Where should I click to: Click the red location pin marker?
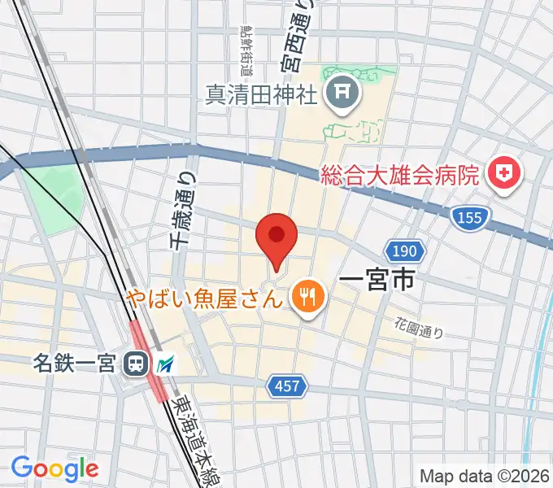click(x=276, y=237)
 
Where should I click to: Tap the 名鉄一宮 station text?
click(x=75, y=363)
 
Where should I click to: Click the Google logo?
click(x=54, y=469)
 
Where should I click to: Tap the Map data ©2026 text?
click(x=484, y=476)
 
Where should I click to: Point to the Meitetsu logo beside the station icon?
click(x=165, y=364)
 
